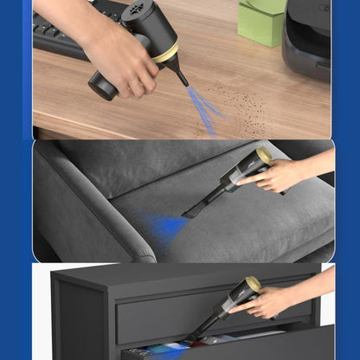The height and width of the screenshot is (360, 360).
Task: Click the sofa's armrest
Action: [87, 216]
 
